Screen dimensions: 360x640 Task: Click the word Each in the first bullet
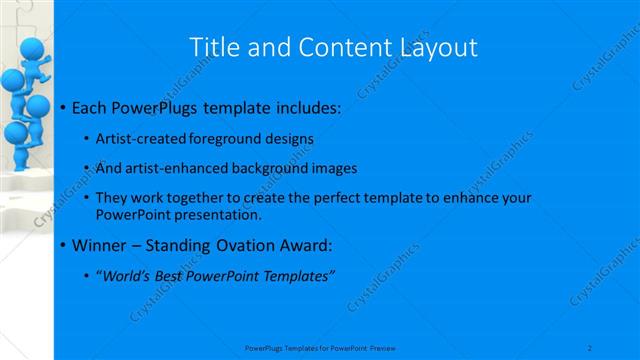[x=90, y=106]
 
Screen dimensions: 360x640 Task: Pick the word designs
[x=288, y=139]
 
